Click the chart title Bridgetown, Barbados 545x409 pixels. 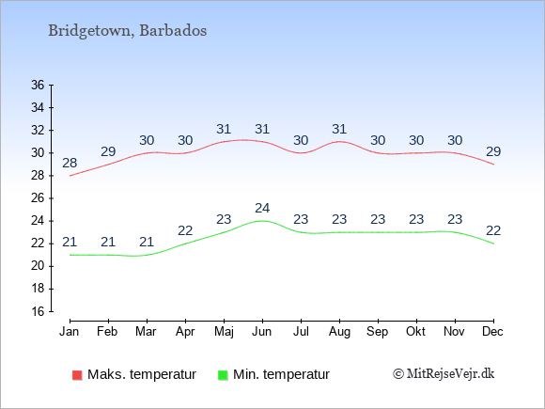coord(128,30)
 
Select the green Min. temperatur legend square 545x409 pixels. coord(222,374)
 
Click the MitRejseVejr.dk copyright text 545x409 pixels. coord(444,374)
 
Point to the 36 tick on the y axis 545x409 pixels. coord(39,85)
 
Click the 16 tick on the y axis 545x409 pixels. coord(39,311)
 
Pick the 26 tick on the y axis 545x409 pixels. coord(39,198)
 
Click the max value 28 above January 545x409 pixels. coord(70,164)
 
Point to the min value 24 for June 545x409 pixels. coord(262,209)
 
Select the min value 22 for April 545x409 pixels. coord(185,231)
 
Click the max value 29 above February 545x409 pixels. coord(108,152)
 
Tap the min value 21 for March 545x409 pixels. coord(147,243)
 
